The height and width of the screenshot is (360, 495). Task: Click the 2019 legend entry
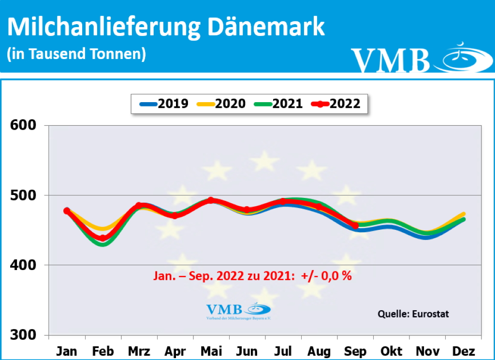(164, 103)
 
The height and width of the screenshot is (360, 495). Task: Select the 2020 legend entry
(221, 103)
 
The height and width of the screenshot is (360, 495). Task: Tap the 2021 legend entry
(278, 103)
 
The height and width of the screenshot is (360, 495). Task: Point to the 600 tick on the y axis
(24, 126)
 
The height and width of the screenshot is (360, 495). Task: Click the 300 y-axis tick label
(24, 335)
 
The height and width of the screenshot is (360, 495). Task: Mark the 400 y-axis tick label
(24, 265)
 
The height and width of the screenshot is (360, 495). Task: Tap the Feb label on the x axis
(102, 351)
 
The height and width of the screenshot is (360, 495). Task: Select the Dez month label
(463, 351)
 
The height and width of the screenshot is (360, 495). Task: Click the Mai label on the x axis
(211, 351)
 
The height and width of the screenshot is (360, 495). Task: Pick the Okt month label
(391, 351)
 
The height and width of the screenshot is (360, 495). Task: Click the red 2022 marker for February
(102, 238)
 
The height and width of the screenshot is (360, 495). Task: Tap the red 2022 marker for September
(355, 225)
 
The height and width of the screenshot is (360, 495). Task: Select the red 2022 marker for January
(67, 210)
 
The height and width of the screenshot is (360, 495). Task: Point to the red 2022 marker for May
(211, 200)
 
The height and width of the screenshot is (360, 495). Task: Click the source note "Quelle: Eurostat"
(413, 314)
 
